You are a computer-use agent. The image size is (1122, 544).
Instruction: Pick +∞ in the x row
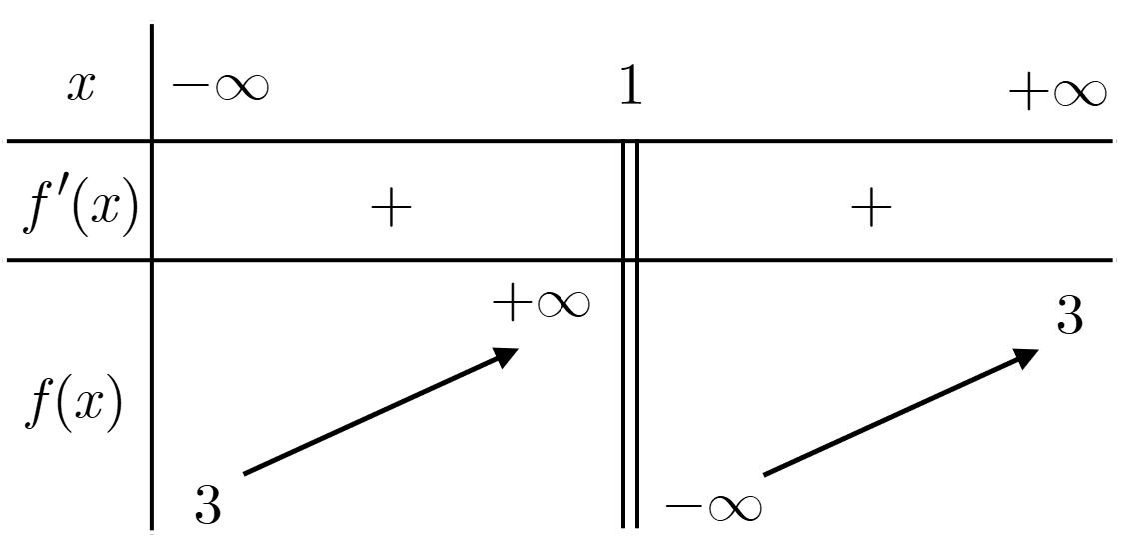(1058, 93)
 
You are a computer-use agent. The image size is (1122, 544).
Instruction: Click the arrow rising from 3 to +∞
(380, 411)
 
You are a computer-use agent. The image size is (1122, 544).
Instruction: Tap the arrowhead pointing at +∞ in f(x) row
(504, 355)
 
